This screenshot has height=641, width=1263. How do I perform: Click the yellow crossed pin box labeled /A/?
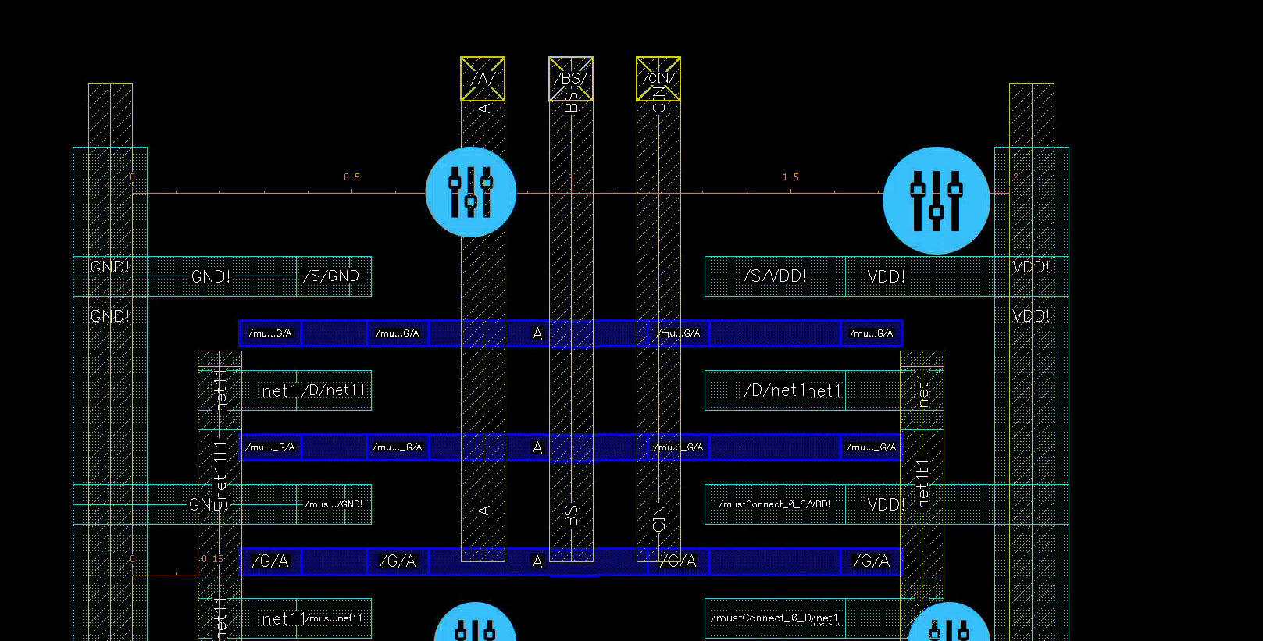point(483,79)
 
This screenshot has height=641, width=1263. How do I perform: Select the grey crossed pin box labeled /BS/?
point(571,79)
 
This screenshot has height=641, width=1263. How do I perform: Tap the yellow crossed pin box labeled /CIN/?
point(658,79)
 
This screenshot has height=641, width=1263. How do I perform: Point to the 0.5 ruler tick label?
point(352,177)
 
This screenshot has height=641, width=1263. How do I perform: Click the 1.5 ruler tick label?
point(790,177)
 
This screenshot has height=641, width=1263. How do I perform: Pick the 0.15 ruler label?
point(212,559)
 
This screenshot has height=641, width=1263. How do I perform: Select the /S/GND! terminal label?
point(335,276)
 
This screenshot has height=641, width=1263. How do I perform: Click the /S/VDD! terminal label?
point(775,276)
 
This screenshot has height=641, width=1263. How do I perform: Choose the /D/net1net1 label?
point(792,390)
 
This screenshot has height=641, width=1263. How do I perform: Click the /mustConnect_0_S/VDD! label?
point(775,504)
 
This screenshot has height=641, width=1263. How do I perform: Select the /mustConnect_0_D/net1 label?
point(775,618)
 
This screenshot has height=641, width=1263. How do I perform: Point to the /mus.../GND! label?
point(334,504)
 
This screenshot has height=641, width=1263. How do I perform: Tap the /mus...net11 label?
point(334,618)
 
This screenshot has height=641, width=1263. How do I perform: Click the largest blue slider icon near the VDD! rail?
point(937,201)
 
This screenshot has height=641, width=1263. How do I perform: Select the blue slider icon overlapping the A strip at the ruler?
point(471,192)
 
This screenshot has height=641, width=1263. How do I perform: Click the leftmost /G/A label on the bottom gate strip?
point(270,561)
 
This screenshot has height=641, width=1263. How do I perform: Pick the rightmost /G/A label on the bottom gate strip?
point(871,561)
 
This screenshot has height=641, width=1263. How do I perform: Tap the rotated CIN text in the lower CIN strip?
point(658,518)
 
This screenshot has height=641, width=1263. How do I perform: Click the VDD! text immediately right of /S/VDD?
point(887,276)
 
